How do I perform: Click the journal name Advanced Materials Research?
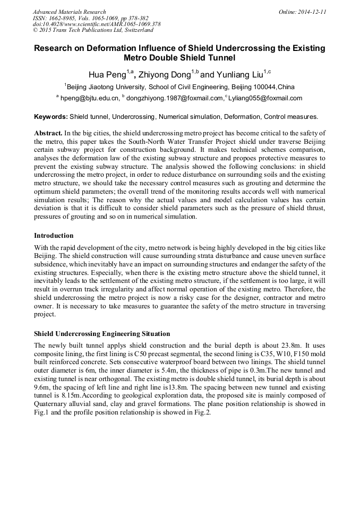click(70, 12)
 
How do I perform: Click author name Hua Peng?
click(106, 75)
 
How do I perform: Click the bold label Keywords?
click(51, 117)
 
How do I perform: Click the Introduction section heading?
click(54, 236)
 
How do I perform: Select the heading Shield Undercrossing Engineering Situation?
click(102, 334)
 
